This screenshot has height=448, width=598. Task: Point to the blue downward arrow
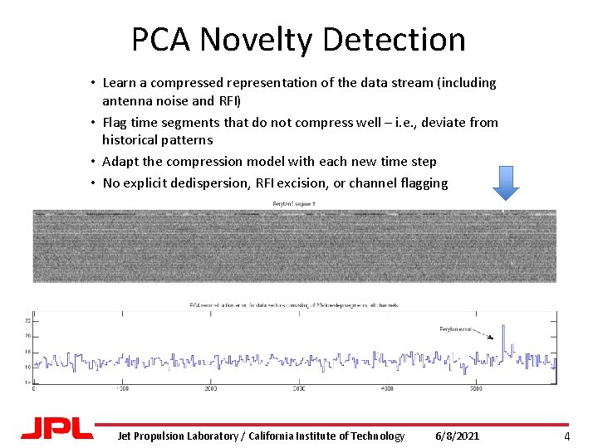tap(505, 182)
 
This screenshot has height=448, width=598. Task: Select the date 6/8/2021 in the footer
tap(458, 436)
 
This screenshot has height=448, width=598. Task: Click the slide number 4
tap(566, 436)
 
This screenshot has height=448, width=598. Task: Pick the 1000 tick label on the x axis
tap(122, 387)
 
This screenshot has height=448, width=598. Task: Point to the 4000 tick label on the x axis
tap(387, 387)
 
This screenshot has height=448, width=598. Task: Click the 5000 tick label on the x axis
tap(475, 387)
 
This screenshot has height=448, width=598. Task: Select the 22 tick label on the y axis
tap(28, 320)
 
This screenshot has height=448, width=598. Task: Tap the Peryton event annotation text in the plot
tap(456, 329)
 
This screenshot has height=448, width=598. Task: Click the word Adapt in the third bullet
tap(120, 161)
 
